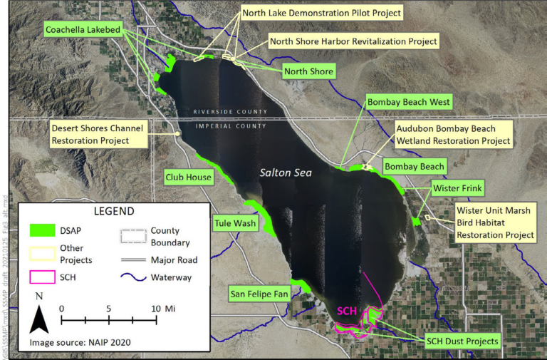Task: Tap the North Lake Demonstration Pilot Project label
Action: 322,13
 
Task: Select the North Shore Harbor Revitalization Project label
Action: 353,41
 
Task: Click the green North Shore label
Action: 308,71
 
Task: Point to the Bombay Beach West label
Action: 408,103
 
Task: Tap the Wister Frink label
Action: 457,189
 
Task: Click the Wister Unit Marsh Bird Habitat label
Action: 495,222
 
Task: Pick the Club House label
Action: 188,177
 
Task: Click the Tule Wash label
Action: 234,224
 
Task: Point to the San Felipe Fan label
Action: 259,294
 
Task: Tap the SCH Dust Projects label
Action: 462,341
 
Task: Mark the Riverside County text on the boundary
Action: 229,112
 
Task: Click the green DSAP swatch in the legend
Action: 43,230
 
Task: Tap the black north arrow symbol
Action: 38,317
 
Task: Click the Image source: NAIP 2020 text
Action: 80,342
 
